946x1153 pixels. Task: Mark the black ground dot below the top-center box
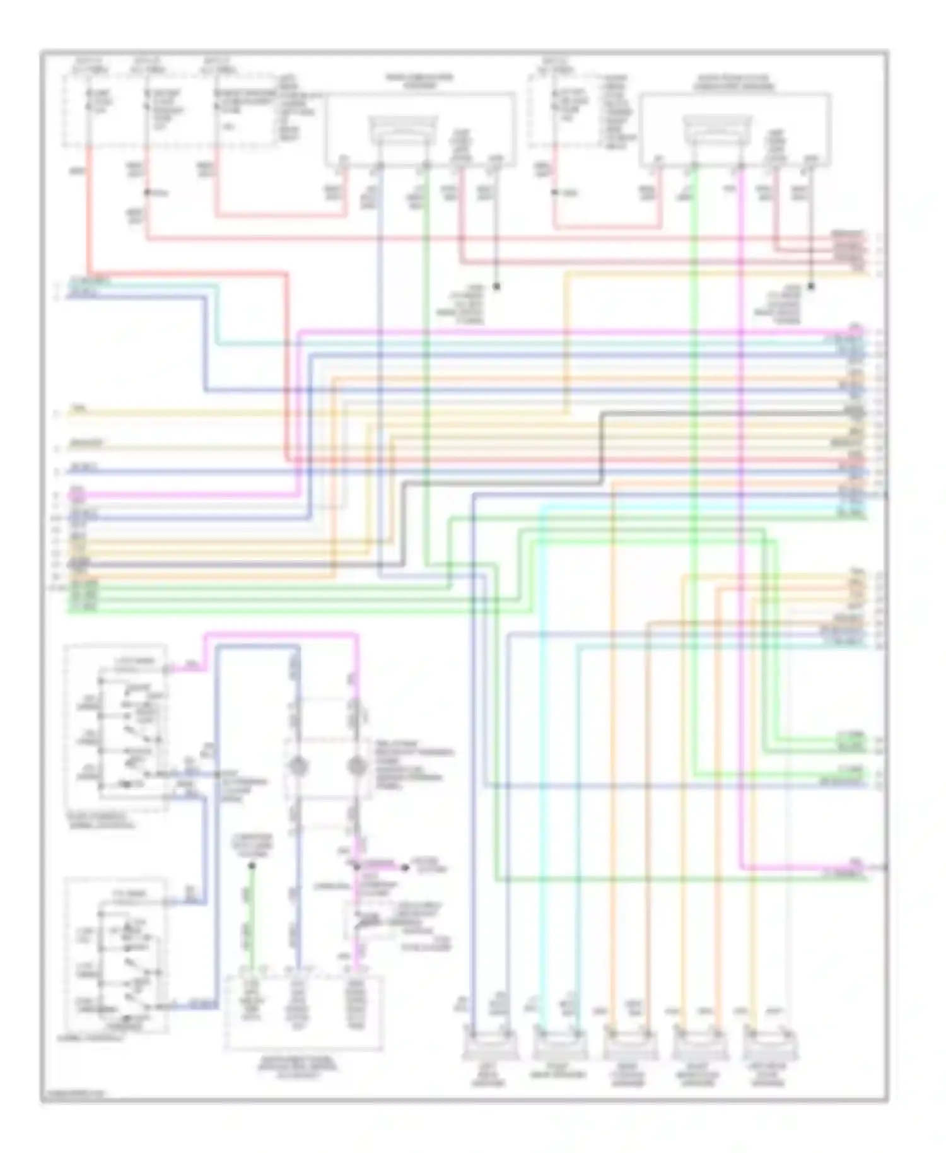(x=496, y=286)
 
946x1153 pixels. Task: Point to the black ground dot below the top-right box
(x=811, y=286)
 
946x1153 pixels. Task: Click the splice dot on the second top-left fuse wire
(x=147, y=192)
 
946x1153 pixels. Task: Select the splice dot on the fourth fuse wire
(x=555, y=192)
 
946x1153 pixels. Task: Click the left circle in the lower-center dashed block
(x=297, y=768)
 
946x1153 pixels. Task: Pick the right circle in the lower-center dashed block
(x=356, y=768)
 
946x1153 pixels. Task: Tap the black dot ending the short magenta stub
(x=406, y=868)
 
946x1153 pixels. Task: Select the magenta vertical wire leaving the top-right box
(x=742, y=505)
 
